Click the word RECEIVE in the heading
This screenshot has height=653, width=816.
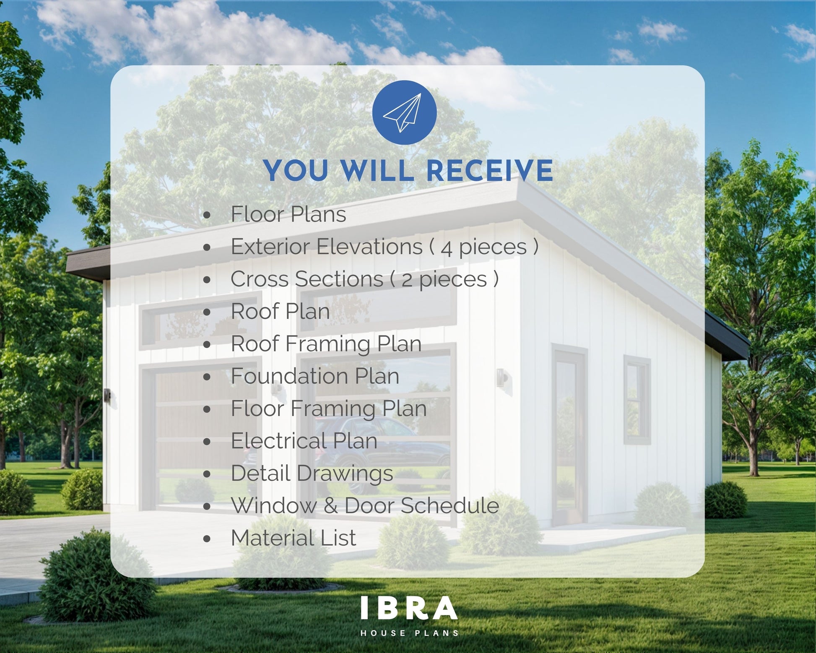(x=489, y=171)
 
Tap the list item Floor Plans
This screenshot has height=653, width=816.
(x=288, y=214)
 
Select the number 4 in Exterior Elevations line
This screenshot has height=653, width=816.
(x=447, y=248)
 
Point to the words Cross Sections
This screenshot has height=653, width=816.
(x=307, y=279)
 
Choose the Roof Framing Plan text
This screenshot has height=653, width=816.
(x=326, y=344)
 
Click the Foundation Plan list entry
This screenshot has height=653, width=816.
(x=315, y=376)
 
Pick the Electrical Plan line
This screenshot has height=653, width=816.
(x=304, y=441)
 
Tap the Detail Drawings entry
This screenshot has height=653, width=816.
(x=312, y=473)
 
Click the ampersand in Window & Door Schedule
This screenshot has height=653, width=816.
(x=331, y=505)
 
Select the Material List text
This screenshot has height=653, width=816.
(x=294, y=538)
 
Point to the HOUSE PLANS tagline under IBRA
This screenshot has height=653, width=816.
(x=410, y=633)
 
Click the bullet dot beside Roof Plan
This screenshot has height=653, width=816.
(x=207, y=312)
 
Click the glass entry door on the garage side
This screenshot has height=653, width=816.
(x=568, y=436)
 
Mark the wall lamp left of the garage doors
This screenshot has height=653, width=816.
(x=107, y=395)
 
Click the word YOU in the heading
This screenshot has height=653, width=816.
(x=296, y=171)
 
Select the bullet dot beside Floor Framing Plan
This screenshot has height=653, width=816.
(x=207, y=409)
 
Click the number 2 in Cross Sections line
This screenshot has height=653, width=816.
(x=407, y=280)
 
